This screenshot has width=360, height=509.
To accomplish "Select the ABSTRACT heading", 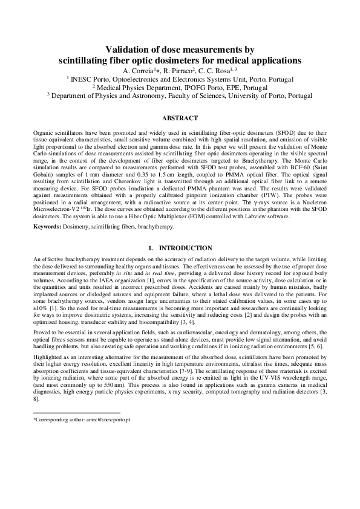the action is pos(180,119).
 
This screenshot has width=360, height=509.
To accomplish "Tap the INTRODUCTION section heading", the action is pos(185,248).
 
